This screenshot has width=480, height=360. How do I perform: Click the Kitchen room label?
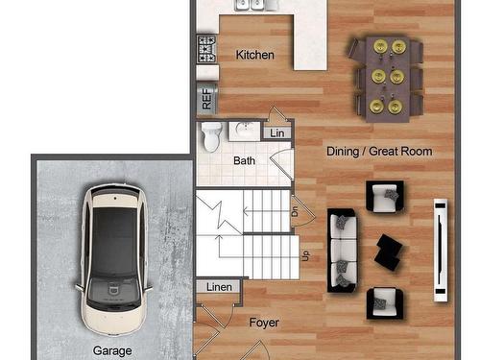[255, 55]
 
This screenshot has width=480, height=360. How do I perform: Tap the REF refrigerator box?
[206, 98]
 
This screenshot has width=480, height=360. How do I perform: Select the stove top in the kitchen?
[206, 49]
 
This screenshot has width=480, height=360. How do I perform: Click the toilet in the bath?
[211, 136]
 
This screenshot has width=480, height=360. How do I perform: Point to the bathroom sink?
[245, 131]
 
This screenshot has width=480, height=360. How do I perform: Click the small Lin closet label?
[277, 133]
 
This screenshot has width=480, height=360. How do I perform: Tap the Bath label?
[244, 160]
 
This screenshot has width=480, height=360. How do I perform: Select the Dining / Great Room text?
[379, 151]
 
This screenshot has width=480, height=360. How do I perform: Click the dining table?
[388, 79]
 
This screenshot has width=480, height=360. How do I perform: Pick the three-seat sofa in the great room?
[343, 251]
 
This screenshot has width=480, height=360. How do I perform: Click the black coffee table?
[389, 252]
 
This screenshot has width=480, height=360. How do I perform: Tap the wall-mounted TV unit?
[441, 251]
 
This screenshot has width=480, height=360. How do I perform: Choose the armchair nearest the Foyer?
[385, 303]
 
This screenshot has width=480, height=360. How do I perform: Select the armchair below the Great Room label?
[385, 196]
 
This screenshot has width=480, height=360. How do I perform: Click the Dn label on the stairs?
[295, 211]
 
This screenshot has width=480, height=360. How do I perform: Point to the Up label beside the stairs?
[306, 255]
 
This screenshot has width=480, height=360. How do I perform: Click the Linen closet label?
[219, 287]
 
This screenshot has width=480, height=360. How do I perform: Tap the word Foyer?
[264, 323]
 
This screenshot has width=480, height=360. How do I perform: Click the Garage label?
[112, 350]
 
